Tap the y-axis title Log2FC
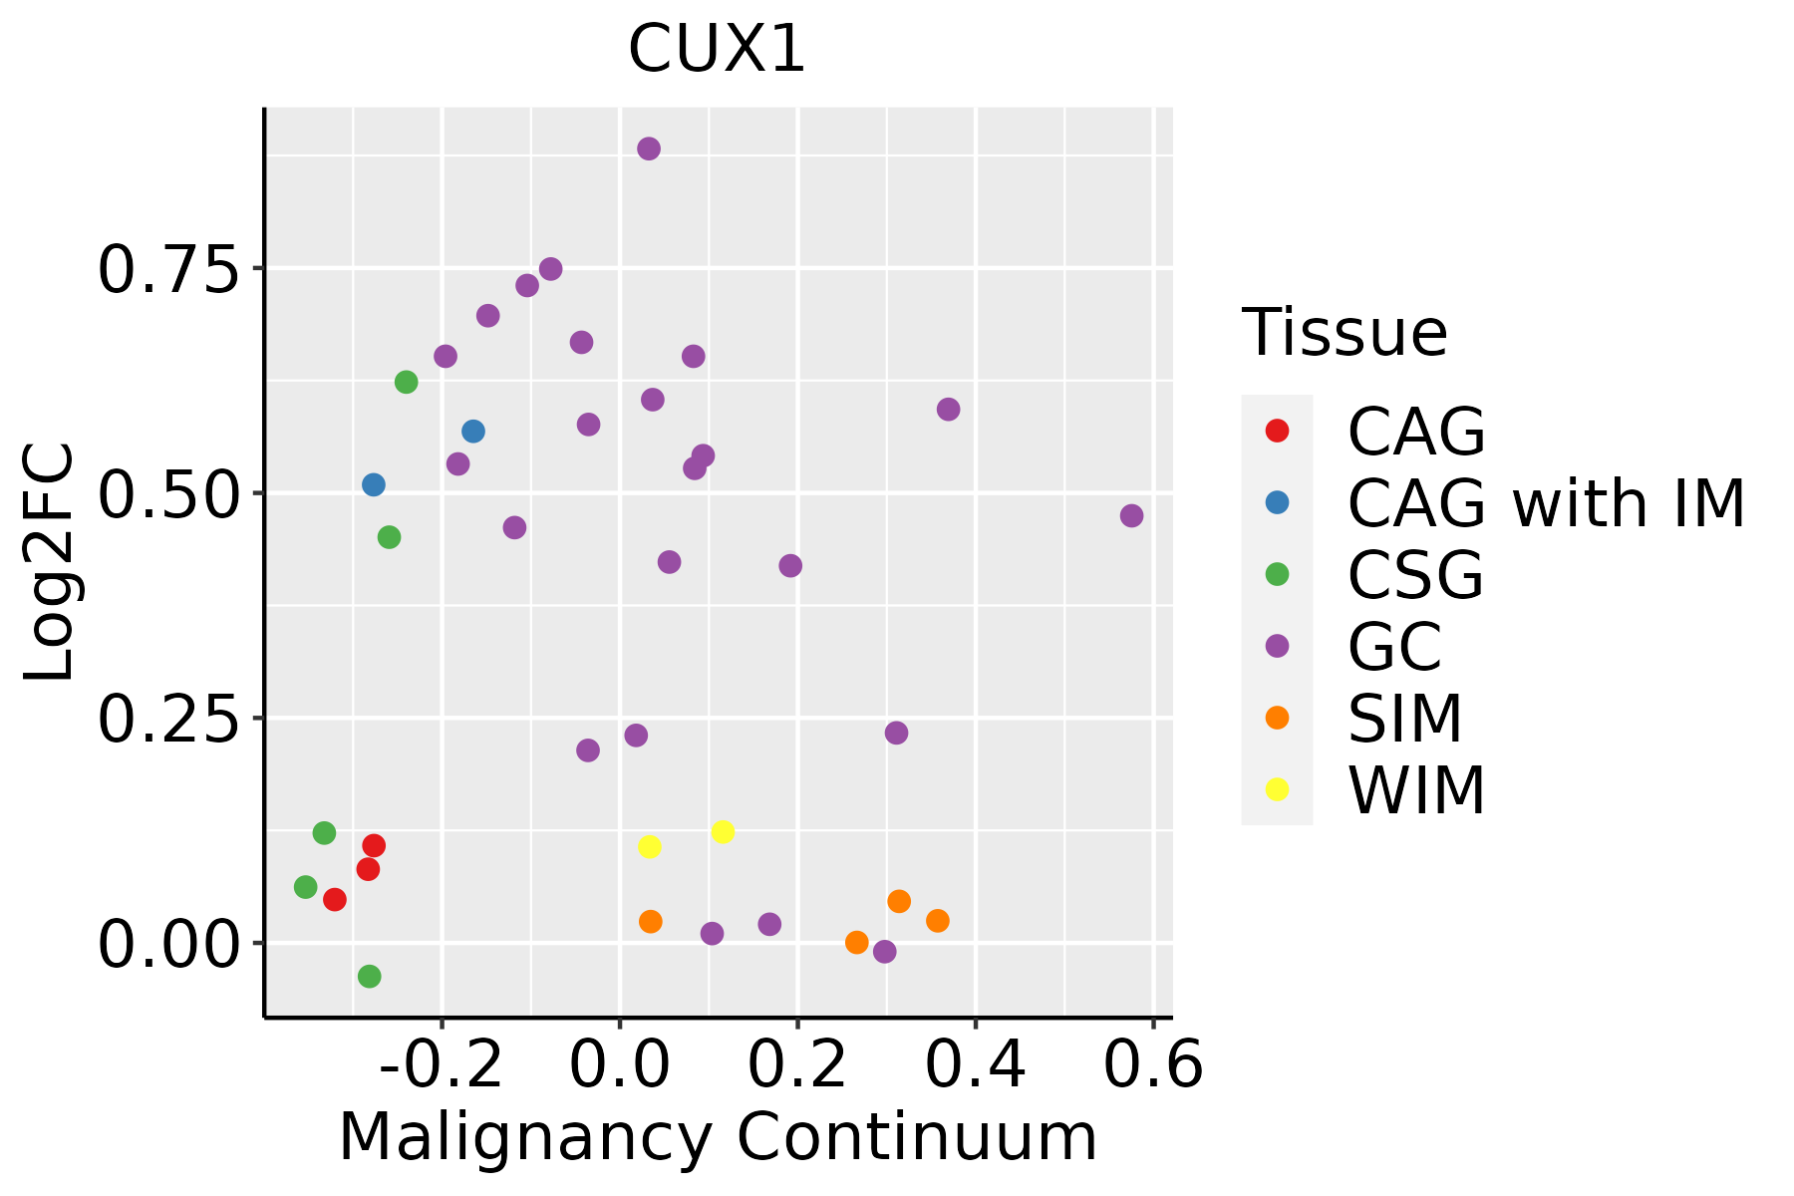tap(49, 561)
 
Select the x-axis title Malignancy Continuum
tap(718, 1137)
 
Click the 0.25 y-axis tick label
tap(168, 719)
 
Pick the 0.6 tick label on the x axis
tap(1153, 1065)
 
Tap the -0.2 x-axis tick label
tap(442, 1065)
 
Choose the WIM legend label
tap(1416, 790)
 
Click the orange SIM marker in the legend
tap(1277, 718)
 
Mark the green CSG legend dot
tap(1277, 574)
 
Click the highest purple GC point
tap(649, 149)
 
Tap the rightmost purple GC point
tap(1131, 515)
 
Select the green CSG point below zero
tap(370, 976)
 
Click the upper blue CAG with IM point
tap(473, 432)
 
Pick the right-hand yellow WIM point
tap(724, 831)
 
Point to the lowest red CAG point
tap(335, 899)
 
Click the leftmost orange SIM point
tap(651, 921)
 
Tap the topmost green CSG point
tap(407, 382)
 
